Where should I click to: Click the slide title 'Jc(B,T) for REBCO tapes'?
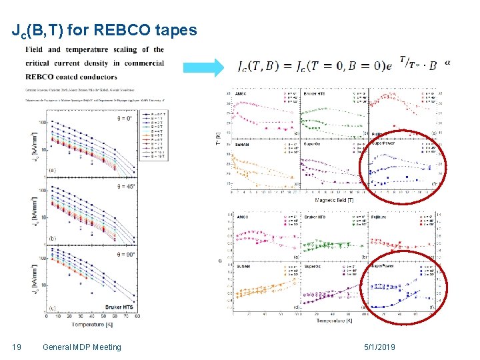click(104, 31)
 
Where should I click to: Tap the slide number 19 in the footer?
click(17, 347)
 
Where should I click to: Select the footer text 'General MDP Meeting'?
click(81, 347)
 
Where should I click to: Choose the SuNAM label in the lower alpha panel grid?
click(243, 265)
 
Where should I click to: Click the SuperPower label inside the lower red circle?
click(384, 265)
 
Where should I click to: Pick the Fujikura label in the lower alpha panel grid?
click(381, 216)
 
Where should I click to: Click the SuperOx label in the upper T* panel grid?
click(313, 143)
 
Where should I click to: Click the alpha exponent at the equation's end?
click(447, 61)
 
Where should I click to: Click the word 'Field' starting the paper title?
click(35, 49)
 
